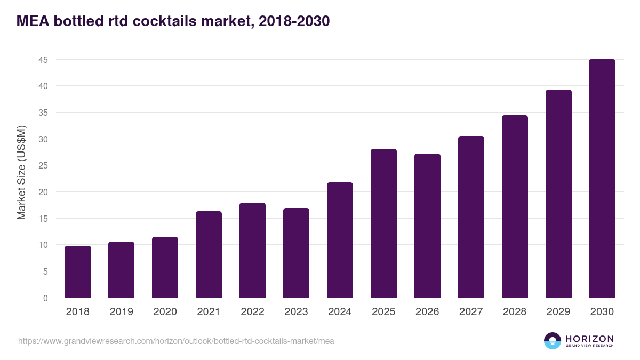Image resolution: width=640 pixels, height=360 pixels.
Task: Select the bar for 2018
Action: [78, 272]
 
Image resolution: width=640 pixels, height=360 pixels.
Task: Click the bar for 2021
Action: [209, 254]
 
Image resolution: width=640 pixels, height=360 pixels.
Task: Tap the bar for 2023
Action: [296, 253]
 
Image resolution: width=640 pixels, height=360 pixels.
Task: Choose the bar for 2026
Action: [427, 226]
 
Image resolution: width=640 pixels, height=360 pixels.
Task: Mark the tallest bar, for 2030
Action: [602, 179]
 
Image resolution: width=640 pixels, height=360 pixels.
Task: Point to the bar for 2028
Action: [515, 206]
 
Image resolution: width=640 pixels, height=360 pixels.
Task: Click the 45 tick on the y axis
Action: [43, 60]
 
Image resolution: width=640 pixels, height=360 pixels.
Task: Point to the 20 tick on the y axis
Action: [43, 192]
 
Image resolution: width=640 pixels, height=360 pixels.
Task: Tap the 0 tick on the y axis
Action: [45, 298]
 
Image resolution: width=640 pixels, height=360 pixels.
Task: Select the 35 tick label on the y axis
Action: [43, 113]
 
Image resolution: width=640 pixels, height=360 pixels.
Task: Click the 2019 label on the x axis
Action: [122, 312]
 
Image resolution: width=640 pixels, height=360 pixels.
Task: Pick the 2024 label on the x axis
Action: [340, 312]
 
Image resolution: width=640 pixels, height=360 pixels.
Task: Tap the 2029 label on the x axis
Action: [558, 312]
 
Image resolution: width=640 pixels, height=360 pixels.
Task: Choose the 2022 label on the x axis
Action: [252, 312]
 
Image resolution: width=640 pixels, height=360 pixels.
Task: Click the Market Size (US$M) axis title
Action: [22, 172]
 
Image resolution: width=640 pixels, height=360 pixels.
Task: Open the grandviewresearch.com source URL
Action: [176, 341]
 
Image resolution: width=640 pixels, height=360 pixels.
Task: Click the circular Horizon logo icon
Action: [553, 341]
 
